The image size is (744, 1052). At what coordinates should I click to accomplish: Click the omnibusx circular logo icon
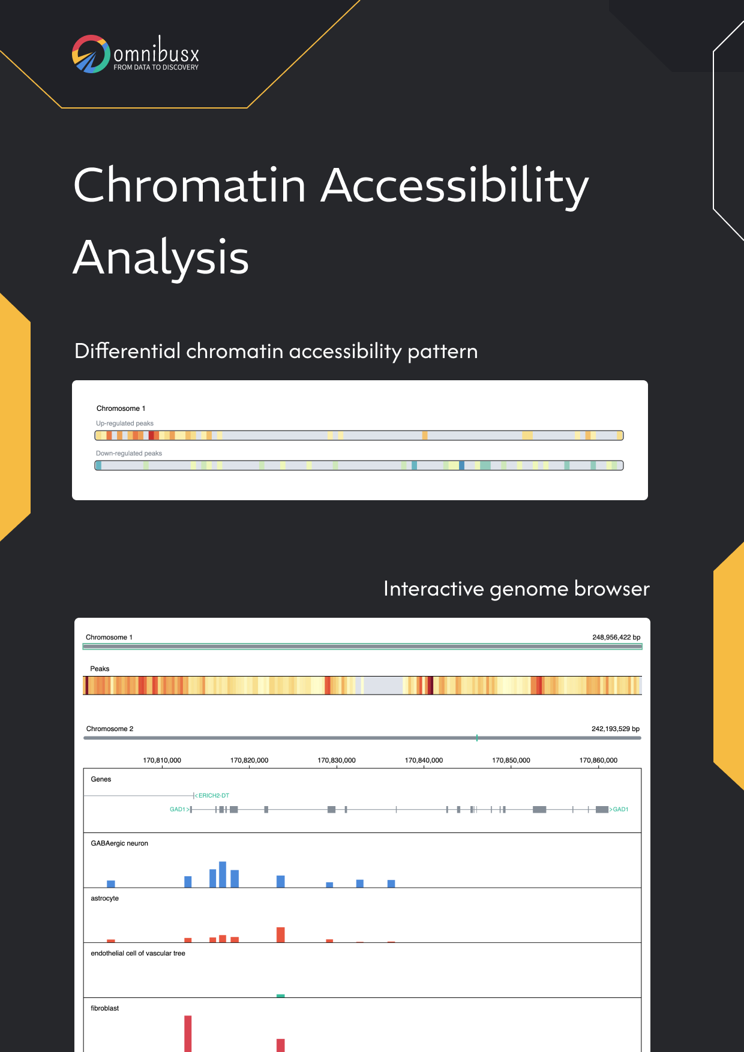91,54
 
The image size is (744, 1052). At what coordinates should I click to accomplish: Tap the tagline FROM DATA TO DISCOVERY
156,67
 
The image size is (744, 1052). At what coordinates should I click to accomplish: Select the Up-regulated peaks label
125,423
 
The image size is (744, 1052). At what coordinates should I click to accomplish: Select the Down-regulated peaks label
129,453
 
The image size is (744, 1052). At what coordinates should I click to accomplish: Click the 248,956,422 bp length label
616,637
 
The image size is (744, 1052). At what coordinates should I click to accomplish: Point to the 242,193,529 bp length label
616,729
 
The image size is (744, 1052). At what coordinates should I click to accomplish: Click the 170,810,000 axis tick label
162,760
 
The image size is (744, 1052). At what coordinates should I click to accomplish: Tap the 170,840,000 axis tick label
424,760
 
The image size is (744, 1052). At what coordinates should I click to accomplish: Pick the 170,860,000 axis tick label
598,760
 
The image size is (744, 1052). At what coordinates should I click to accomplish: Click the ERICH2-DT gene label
214,795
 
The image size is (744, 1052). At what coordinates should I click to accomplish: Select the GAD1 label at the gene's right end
620,809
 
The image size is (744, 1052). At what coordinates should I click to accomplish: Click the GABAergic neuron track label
119,843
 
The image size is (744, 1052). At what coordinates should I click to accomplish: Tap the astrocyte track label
105,898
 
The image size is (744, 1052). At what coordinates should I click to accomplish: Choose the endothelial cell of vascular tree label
138,953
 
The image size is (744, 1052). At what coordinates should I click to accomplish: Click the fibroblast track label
105,1008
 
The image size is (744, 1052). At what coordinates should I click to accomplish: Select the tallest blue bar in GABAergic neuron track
223,874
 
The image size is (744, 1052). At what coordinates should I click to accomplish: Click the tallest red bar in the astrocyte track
280,934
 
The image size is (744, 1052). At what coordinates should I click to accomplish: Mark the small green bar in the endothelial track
280,996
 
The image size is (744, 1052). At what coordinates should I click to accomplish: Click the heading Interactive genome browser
517,589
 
